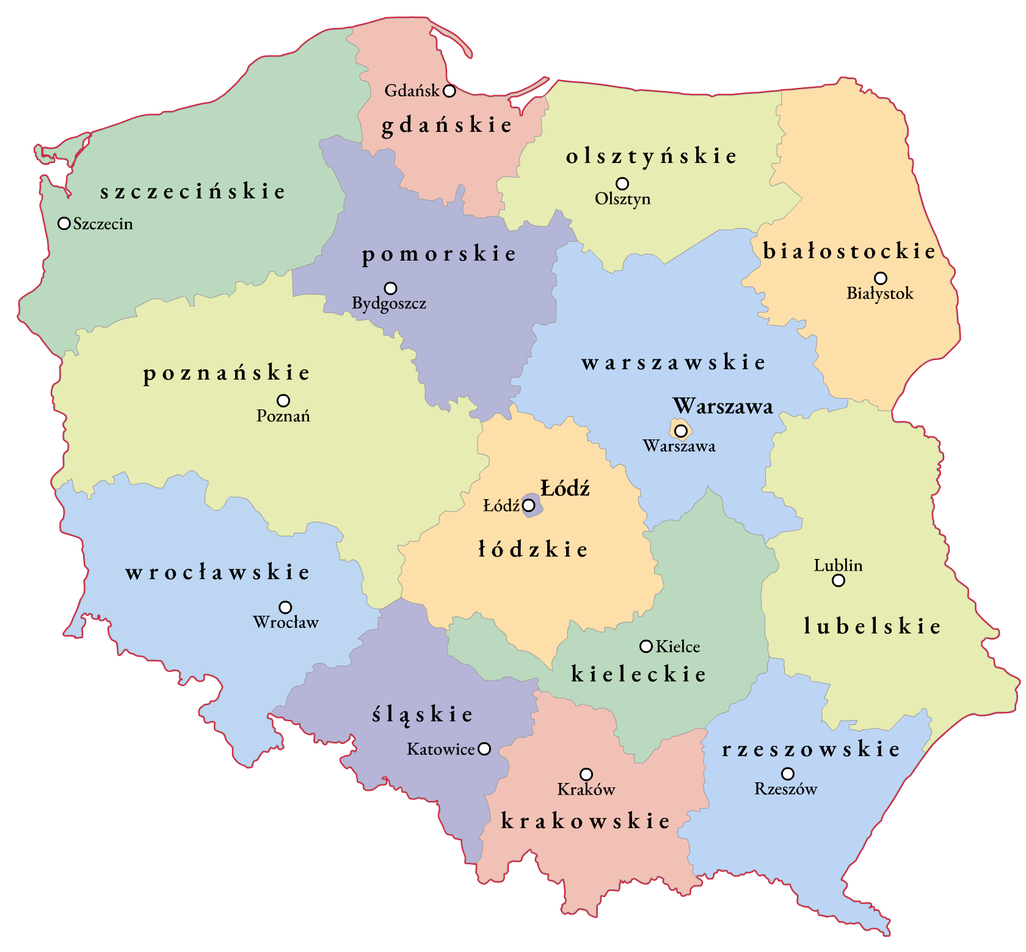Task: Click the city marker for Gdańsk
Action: pyautogui.click(x=449, y=91)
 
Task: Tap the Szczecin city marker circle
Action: pyautogui.click(x=64, y=223)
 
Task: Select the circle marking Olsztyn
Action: pyautogui.click(x=622, y=183)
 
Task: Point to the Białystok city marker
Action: pyautogui.click(x=880, y=278)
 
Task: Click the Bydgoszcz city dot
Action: pyautogui.click(x=390, y=288)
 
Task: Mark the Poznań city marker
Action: pyautogui.click(x=283, y=400)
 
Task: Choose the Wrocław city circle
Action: pyautogui.click(x=285, y=607)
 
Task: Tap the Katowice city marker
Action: pyautogui.click(x=484, y=749)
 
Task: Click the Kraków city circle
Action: pyautogui.click(x=586, y=774)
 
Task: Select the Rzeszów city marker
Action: pyautogui.click(x=788, y=774)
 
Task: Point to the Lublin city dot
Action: pyautogui.click(x=839, y=580)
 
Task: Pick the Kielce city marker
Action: pyautogui.click(x=646, y=646)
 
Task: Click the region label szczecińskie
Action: pyautogui.click(x=192, y=192)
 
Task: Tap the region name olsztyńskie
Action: pyautogui.click(x=651, y=156)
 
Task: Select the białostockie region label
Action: pyautogui.click(x=850, y=251)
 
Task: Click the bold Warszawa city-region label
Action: pyautogui.click(x=723, y=406)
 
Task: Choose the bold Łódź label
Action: pyautogui.click(x=565, y=488)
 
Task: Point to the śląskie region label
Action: pyautogui.click(x=423, y=715)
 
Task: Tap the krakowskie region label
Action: pyautogui.click(x=585, y=821)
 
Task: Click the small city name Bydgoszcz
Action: pyautogui.click(x=389, y=303)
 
